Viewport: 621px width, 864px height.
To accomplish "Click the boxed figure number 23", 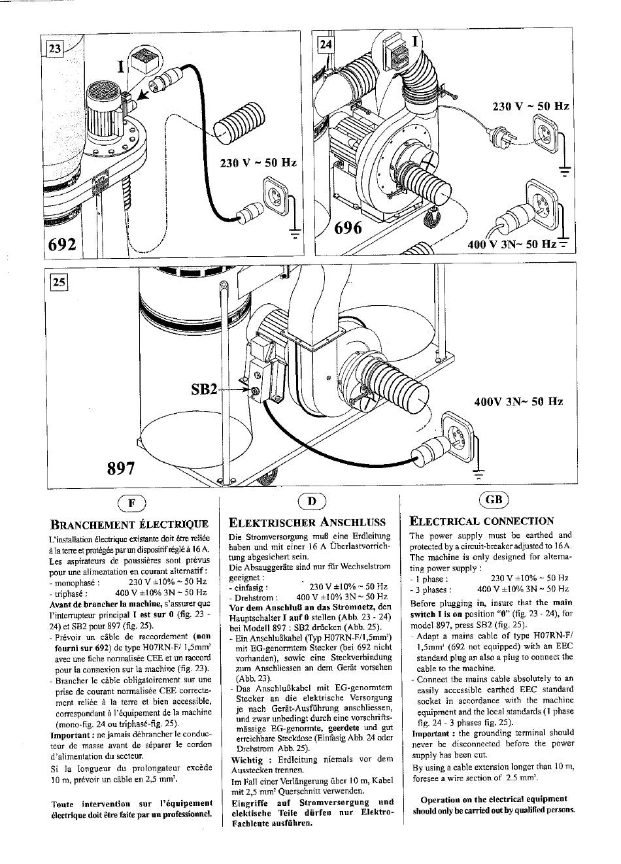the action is (x=55, y=48).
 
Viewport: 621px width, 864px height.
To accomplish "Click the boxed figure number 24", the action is (x=326, y=44).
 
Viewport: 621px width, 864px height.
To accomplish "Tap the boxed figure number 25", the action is (x=59, y=282).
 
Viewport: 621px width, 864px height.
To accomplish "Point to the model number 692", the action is (x=62, y=244).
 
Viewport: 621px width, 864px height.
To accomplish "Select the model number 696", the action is (x=348, y=228).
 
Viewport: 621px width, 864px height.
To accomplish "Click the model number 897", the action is (x=121, y=468).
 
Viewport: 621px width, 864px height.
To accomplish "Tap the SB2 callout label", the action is (x=204, y=390).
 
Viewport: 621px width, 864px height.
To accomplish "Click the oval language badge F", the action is (x=132, y=503).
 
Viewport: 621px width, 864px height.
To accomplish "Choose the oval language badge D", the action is (x=312, y=501).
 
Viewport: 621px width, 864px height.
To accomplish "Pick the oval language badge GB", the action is (x=494, y=500).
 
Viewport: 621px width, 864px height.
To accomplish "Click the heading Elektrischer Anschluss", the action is (x=307, y=522).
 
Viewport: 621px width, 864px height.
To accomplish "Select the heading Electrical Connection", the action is (x=481, y=521).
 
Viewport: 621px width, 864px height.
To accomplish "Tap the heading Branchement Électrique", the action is (x=129, y=524).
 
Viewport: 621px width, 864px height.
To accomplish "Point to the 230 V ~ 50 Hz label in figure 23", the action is (x=258, y=163).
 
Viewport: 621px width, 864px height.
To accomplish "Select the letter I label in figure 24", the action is (x=415, y=41).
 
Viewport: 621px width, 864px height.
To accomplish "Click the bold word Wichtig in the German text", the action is (x=247, y=760).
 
